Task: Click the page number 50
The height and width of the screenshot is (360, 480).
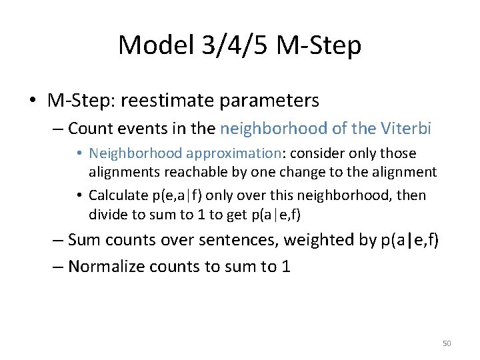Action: click(x=447, y=343)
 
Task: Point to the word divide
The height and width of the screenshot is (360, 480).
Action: click(x=108, y=215)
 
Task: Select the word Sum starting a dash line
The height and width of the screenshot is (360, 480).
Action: click(x=83, y=240)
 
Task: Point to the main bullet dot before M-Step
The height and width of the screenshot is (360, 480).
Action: click(x=33, y=101)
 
